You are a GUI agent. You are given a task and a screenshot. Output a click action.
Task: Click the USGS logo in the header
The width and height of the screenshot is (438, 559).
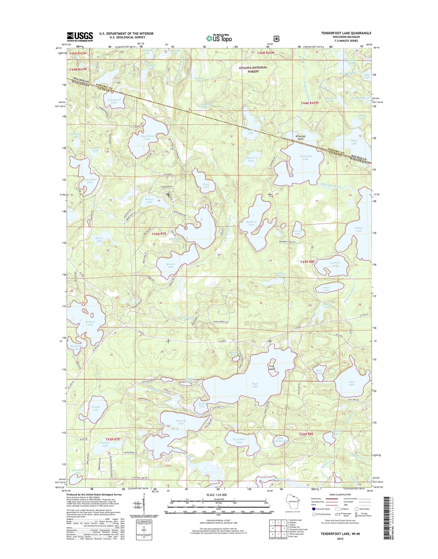[80, 37]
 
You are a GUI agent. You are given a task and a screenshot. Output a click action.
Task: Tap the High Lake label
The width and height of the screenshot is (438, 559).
[255, 385]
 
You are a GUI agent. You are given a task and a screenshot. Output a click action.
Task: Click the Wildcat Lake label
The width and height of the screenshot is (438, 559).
[90, 323]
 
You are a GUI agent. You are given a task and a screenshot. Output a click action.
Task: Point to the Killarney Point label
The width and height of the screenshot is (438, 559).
[301, 137]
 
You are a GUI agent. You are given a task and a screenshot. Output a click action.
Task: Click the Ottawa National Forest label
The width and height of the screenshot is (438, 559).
[253, 69]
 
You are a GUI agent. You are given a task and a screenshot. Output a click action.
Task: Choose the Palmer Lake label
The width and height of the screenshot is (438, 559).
[359, 229]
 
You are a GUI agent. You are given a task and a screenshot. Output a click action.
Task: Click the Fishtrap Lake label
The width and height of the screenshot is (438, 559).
[181, 422]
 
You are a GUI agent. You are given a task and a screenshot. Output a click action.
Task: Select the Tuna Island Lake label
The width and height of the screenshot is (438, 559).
[147, 137]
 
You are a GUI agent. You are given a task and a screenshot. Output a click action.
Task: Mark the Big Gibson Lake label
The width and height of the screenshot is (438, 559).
[239, 441]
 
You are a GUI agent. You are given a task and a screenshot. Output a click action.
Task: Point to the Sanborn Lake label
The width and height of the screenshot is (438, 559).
[251, 223]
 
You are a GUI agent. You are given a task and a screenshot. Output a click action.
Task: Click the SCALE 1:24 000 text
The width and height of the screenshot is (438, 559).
[216, 495]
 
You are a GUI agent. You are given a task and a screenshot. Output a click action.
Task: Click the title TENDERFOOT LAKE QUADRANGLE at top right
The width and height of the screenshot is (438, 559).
[346, 33]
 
